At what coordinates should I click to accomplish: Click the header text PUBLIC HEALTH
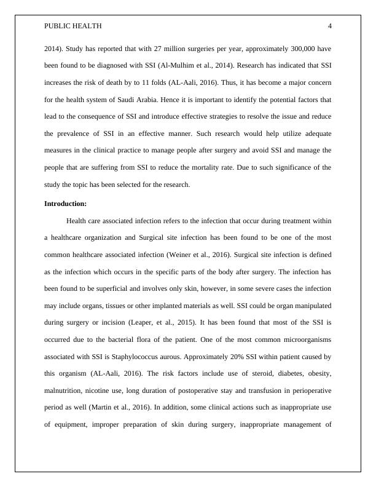click(73, 26)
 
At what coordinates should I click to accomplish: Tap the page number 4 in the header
click(330, 26)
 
